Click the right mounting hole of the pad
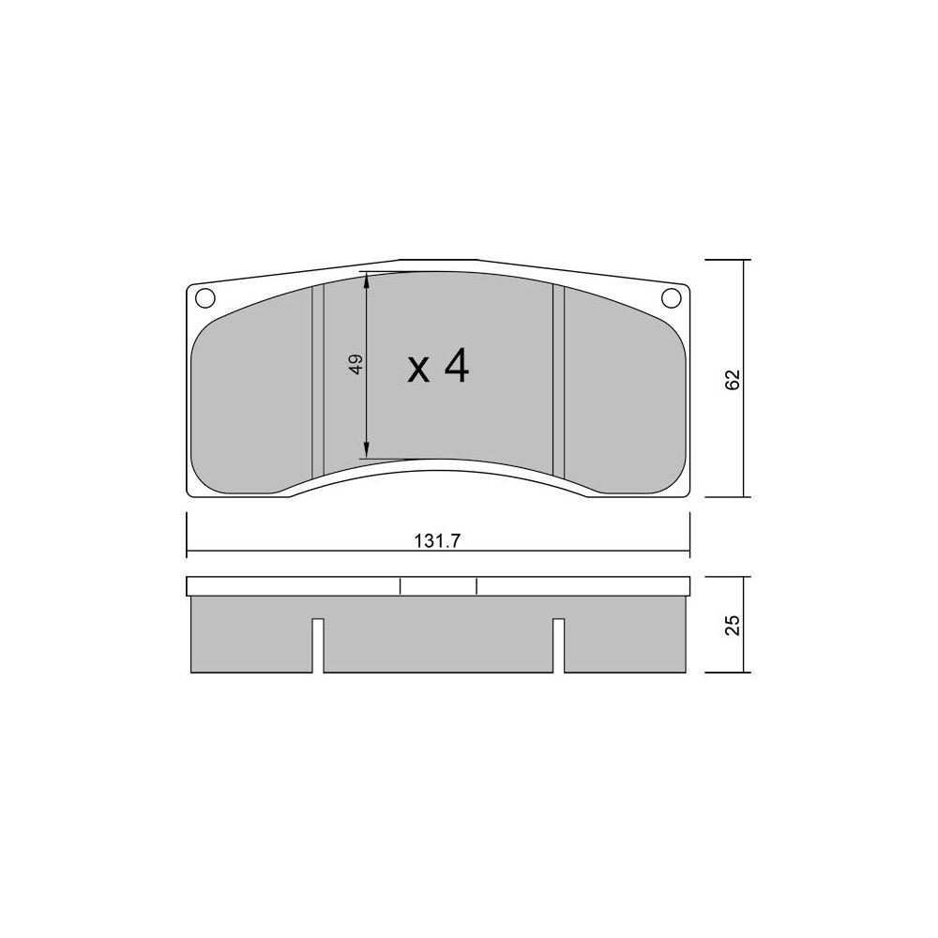coord(671,296)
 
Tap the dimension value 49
coord(356,364)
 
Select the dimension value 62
coord(733,380)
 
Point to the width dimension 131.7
coord(437,541)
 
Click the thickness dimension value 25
coord(733,625)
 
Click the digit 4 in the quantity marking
coord(457,366)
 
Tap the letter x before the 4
coord(418,371)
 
